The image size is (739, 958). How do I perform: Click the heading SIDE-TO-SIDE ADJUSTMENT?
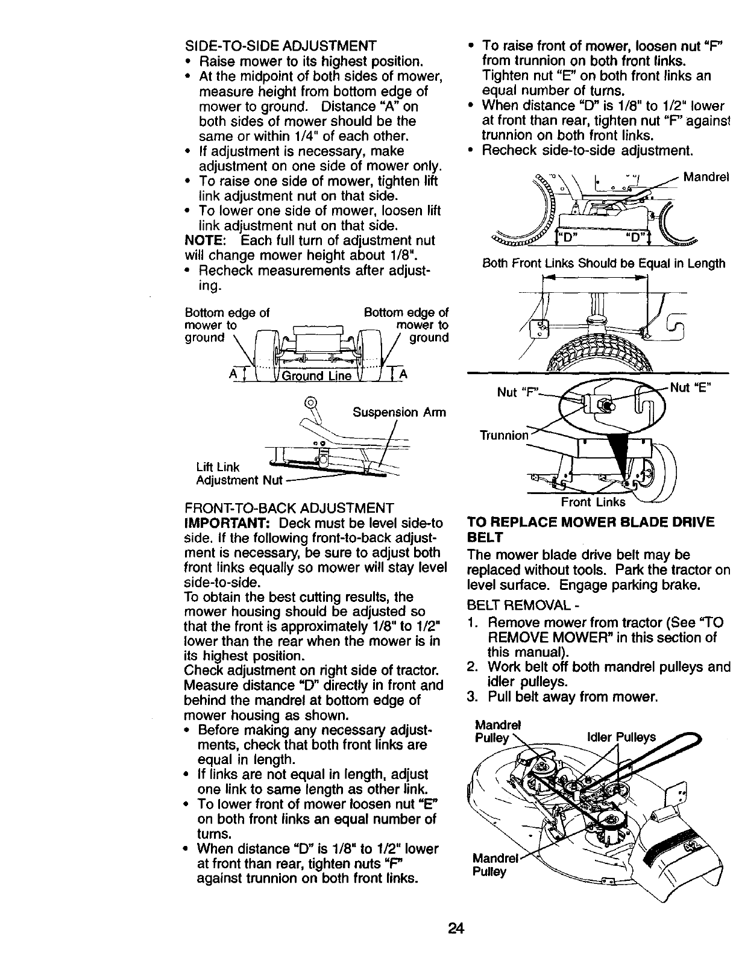point(280,46)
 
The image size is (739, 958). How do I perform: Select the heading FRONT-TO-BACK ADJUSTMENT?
point(289,509)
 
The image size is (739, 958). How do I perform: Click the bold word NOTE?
point(204,240)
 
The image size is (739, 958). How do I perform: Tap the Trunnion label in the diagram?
point(504,435)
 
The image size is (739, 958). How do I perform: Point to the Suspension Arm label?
point(398,413)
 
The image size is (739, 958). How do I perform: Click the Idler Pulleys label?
point(621,737)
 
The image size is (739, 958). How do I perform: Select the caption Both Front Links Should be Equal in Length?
point(603,264)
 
